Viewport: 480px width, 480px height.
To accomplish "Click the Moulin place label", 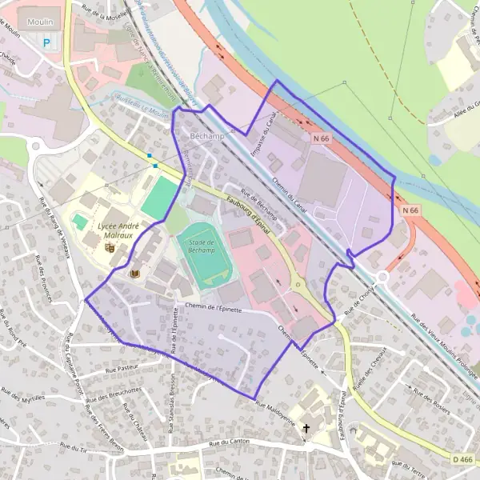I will point(33,14).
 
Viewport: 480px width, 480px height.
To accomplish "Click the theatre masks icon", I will point(110,248).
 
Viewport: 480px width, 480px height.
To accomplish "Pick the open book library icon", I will point(134,274).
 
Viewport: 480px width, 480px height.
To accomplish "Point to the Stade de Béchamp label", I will point(197,246).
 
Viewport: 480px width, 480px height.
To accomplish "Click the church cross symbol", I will point(306,429).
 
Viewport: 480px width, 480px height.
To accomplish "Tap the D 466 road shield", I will point(462,459).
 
